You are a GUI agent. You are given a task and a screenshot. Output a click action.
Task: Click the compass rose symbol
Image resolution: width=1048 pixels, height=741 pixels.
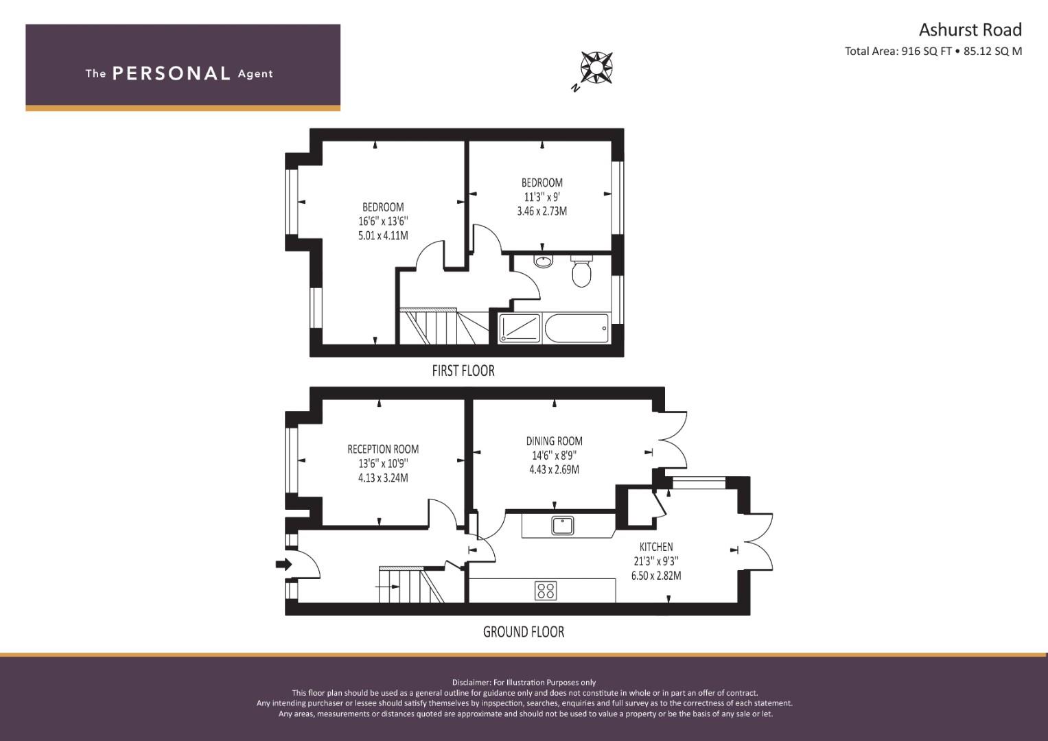(596, 68)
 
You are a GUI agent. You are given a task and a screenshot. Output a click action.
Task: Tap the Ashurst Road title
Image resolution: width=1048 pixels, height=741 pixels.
(970, 30)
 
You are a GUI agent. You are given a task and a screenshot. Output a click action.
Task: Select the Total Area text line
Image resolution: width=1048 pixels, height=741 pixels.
(933, 51)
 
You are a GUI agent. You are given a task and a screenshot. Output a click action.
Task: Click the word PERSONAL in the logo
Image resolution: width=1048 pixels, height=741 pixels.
(172, 73)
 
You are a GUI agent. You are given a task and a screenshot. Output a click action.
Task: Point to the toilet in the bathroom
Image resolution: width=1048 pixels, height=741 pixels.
(581, 271)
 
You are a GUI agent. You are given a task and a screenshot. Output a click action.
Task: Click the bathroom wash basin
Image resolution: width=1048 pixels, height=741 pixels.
(543, 261)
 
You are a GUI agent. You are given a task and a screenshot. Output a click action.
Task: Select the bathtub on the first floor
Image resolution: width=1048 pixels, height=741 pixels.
(577, 329)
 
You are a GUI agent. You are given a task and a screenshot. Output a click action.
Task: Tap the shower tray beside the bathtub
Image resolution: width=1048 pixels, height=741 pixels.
(520, 329)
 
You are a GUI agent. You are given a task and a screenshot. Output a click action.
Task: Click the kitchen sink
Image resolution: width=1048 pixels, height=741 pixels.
(562, 526)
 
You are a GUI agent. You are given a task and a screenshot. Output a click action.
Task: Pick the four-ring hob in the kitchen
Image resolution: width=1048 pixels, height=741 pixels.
(546, 590)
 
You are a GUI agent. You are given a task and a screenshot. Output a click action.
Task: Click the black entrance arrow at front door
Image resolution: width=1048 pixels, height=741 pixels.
(283, 565)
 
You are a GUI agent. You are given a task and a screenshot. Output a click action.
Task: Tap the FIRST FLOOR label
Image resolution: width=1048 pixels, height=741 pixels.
(463, 371)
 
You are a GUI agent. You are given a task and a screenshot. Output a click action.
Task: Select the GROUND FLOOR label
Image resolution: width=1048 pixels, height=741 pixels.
(524, 632)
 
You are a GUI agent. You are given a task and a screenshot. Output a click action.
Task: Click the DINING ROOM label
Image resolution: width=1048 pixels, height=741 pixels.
(555, 441)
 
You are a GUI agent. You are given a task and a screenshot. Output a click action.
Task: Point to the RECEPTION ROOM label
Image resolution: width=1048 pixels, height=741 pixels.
(383, 449)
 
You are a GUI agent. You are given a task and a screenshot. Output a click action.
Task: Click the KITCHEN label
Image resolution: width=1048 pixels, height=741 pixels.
(656, 547)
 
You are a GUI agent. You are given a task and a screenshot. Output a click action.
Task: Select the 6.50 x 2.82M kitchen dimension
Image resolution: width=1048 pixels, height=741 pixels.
(656, 576)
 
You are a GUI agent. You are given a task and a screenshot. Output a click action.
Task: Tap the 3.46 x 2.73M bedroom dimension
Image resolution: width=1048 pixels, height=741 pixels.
(542, 211)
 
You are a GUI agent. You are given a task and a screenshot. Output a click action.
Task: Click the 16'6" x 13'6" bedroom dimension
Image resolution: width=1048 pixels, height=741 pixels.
(383, 221)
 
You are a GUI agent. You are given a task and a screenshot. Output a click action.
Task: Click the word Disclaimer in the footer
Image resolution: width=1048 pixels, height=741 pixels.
(471, 683)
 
